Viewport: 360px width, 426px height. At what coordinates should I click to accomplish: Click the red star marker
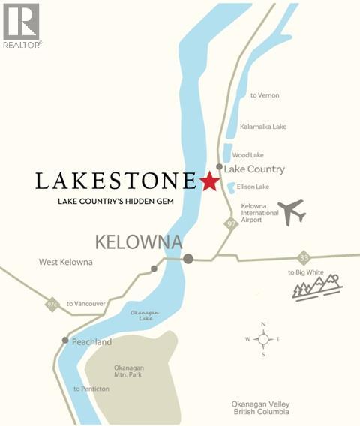pyautogui.click(x=209, y=181)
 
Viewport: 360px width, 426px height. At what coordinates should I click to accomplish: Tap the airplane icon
pyautogui.click(x=291, y=212)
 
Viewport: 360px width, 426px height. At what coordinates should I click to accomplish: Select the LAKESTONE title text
pyautogui.click(x=115, y=181)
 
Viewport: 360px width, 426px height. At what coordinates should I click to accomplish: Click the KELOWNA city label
pyautogui.click(x=138, y=241)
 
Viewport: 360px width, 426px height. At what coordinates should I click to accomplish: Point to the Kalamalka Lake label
pyautogui.click(x=263, y=127)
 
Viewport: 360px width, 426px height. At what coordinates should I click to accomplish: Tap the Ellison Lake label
pyautogui.click(x=253, y=186)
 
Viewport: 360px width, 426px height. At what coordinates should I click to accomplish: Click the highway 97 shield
pyautogui.click(x=232, y=223)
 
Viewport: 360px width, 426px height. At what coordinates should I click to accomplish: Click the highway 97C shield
pyautogui.click(x=52, y=304)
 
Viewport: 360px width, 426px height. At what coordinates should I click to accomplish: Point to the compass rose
pyautogui.click(x=263, y=339)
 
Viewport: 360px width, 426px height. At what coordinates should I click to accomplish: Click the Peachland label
pyautogui.click(x=91, y=341)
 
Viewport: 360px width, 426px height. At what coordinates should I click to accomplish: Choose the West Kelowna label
pyautogui.click(x=65, y=262)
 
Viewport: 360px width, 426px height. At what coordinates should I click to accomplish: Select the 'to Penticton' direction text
pyautogui.click(x=91, y=388)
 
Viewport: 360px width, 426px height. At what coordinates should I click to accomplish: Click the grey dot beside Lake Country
pyautogui.click(x=219, y=166)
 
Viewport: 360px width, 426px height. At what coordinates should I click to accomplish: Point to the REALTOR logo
pyautogui.click(x=22, y=26)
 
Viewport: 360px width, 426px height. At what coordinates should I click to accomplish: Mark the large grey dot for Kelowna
pyautogui.click(x=188, y=258)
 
